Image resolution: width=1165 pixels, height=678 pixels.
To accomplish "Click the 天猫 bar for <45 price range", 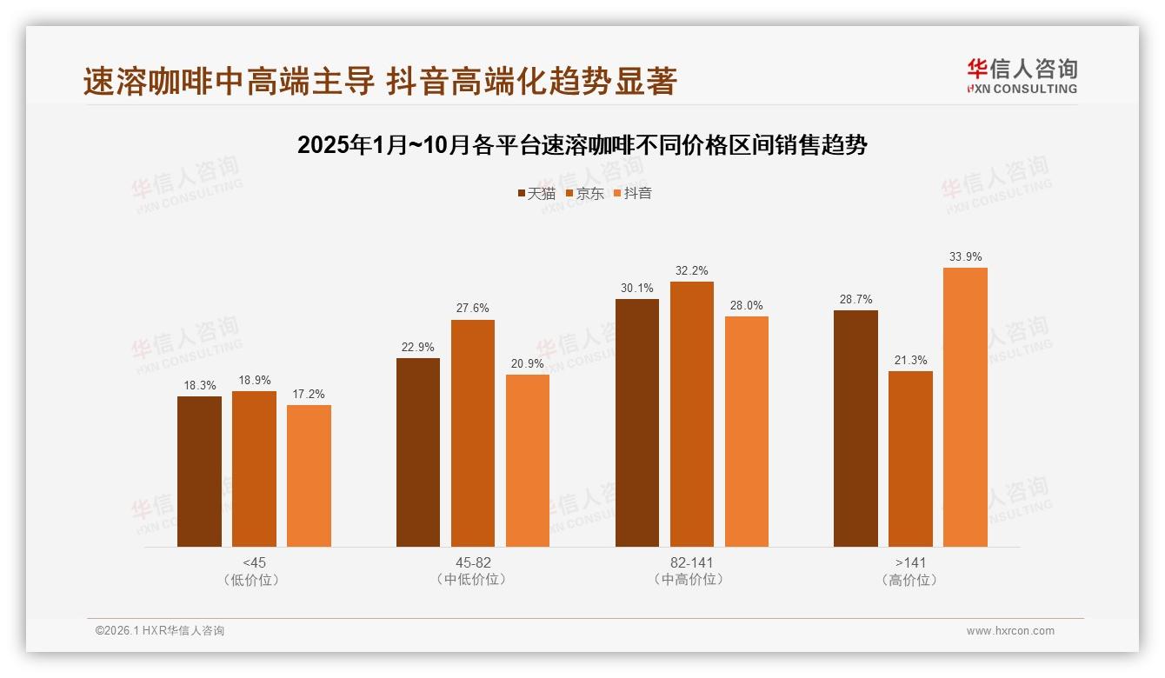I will (x=199, y=471).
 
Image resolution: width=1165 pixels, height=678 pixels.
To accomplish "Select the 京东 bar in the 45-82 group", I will (x=472, y=433).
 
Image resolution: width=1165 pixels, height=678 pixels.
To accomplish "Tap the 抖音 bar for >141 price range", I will (x=965, y=407).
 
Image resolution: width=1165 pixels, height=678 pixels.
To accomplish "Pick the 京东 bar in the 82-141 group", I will (x=691, y=414).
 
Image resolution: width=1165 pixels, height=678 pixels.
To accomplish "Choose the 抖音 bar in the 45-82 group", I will (x=527, y=461).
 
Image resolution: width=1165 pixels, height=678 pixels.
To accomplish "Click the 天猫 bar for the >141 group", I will (x=855, y=429).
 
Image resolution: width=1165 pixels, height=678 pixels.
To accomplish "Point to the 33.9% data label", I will (x=965, y=256).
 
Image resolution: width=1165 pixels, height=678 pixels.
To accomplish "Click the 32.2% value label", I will (x=691, y=270).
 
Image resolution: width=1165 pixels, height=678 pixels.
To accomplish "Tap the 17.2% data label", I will (x=309, y=394).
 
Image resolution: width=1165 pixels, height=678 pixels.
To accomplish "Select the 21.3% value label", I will (x=910, y=360).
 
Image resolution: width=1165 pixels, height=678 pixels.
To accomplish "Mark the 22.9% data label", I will (x=417, y=347).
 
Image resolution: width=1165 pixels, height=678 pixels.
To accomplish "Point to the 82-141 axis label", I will (x=691, y=562).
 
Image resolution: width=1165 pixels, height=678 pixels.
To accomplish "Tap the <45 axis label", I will (x=254, y=562).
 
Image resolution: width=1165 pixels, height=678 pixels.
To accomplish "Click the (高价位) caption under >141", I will (x=909, y=580).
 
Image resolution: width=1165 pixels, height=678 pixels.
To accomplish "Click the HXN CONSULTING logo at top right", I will (x=1022, y=76).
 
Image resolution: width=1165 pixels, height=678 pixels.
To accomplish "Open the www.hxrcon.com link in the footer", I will (x=1010, y=631).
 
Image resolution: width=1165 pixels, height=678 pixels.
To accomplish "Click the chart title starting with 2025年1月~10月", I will (x=582, y=145).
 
